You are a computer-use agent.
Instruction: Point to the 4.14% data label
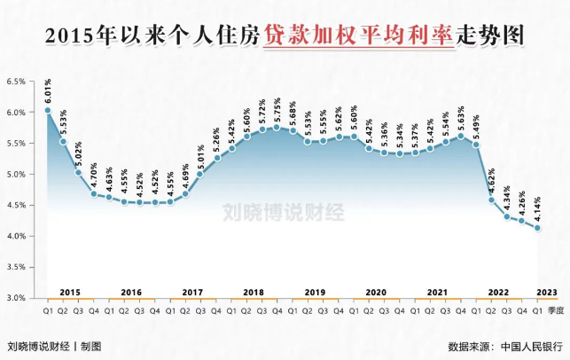click(537, 209)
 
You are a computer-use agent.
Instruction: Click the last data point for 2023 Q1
click(537, 229)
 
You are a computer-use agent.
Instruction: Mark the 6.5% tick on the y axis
click(18, 82)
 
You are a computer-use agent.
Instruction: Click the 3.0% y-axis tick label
click(18, 298)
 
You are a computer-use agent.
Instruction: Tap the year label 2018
click(254, 292)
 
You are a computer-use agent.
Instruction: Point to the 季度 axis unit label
click(554, 310)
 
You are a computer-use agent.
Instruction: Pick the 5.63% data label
click(460, 117)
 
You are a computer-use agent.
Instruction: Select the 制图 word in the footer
click(91, 345)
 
